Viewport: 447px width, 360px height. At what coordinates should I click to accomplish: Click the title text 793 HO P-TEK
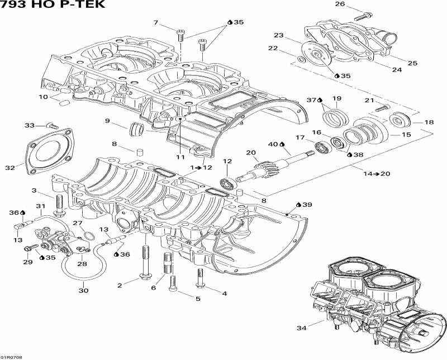pos(52,5)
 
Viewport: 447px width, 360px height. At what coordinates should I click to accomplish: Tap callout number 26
pos(340,4)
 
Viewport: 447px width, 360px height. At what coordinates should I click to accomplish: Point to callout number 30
pos(83,290)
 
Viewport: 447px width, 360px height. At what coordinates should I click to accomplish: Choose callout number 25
pos(412,63)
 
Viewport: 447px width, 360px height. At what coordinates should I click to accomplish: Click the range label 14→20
pos(377,174)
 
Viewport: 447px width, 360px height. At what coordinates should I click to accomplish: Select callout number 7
pos(157,22)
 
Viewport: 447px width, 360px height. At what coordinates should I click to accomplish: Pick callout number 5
pos(197,299)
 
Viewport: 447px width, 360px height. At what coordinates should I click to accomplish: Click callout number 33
pos(30,125)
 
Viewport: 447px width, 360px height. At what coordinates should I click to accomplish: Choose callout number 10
pos(43,97)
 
